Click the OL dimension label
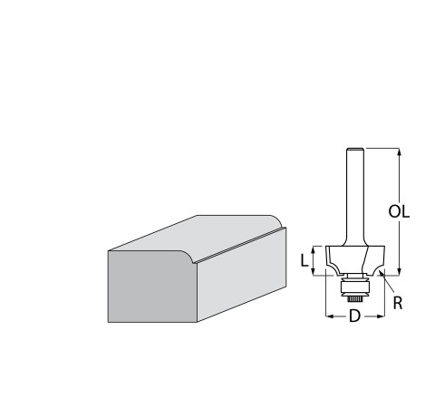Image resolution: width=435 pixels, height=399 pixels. pos(399,211)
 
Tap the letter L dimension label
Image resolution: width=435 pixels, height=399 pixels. pos(304,260)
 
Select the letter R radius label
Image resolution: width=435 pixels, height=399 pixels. pos(398,303)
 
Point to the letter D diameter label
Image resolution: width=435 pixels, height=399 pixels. pos(355,316)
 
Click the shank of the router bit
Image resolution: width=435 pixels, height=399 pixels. pos(355,197)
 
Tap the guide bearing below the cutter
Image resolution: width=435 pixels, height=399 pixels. pos(355,287)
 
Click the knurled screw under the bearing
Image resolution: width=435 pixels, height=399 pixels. pos(355,298)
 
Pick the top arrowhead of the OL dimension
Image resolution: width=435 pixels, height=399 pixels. pos(400,151)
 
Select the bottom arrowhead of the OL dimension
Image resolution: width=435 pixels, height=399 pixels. pos(400,271)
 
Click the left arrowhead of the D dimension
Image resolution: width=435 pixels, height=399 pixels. pos(330,316)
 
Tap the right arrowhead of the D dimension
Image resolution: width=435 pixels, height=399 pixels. pos(381,316)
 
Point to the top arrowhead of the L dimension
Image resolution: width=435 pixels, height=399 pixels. pos(314,249)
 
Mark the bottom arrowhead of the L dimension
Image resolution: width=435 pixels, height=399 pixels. pos(314,271)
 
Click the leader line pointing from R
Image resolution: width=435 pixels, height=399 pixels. pos(387,281)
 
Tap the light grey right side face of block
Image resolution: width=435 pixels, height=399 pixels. pos(242,275)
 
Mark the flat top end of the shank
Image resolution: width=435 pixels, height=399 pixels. pos(355,148)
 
